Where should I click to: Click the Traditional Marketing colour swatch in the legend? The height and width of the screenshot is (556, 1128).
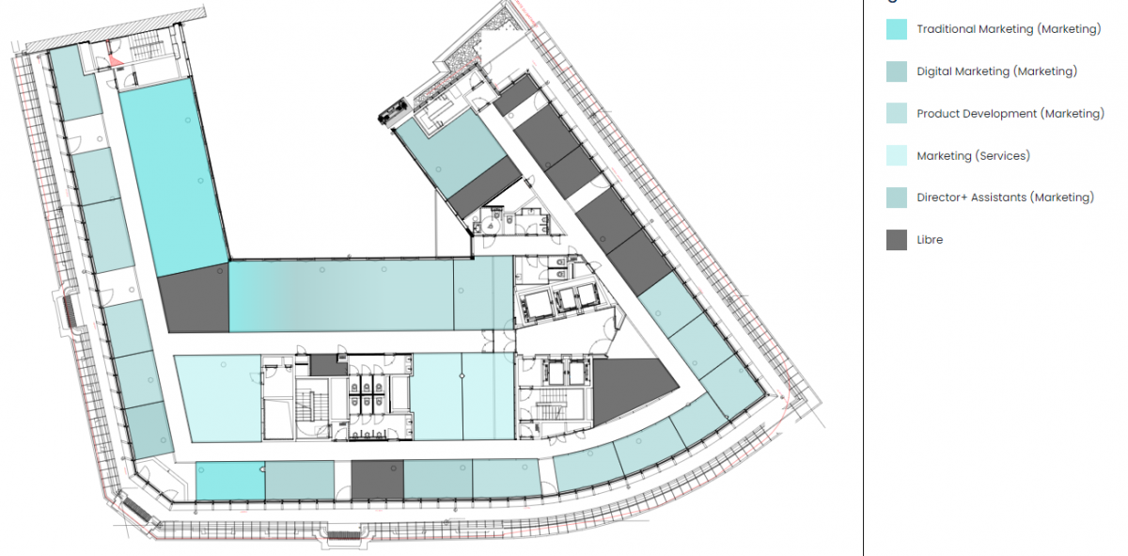click(897, 29)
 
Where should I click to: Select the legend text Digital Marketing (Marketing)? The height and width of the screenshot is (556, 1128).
click(996, 71)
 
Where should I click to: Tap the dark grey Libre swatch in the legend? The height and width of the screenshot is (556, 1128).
click(897, 240)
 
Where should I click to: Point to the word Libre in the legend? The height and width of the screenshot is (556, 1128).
click(930, 240)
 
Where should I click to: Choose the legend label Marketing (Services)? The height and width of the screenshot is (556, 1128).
click(973, 156)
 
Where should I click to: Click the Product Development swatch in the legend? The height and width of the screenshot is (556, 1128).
click(897, 114)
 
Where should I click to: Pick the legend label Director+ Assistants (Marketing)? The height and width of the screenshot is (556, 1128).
click(1005, 198)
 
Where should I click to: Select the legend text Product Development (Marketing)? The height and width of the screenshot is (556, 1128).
click(1010, 114)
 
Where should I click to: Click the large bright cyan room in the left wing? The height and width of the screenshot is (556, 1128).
click(174, 177)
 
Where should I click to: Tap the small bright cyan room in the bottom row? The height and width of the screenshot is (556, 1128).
click(230, 481)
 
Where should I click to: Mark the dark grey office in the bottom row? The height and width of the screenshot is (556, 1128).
click(377, 480)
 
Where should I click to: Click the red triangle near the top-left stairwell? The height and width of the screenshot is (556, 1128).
click(116, 61)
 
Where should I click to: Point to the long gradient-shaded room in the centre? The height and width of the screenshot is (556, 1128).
click(341, 296)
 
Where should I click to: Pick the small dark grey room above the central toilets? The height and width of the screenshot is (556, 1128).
click(328, 365)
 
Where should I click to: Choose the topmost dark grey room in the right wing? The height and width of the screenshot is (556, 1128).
click(516, 95)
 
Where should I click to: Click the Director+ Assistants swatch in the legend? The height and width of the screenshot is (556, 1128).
click(897, 198)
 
